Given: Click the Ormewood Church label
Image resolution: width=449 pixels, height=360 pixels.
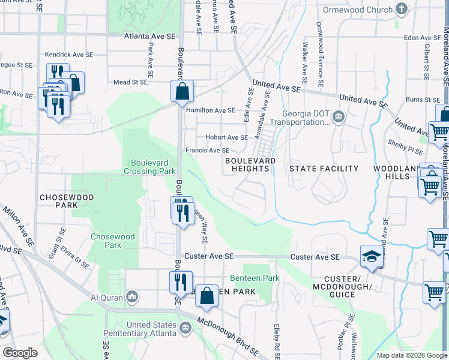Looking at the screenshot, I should pos(358,10).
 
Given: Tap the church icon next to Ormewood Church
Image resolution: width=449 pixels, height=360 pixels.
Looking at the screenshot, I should pos(402,9).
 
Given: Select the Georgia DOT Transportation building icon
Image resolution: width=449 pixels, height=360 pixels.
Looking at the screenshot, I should pos(338,116).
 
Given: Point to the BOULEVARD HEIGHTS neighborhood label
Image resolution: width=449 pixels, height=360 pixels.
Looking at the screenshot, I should pos(250,165).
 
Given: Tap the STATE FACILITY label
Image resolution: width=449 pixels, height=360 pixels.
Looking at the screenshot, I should pos(324,169).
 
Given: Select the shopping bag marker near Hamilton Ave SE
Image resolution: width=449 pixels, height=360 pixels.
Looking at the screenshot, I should pos(182,92).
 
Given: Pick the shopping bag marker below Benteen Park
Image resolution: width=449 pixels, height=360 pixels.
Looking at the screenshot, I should pos(206,296).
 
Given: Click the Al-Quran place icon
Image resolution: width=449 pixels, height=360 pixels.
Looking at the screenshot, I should pos(133,297).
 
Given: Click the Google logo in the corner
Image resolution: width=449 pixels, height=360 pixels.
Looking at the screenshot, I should pos(20,353).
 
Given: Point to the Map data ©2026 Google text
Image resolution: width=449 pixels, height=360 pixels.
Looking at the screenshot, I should pos(411,355).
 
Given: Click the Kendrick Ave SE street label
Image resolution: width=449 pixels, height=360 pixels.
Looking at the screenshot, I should pos(69,55).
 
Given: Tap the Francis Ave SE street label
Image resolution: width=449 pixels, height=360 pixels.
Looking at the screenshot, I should pos(207,151).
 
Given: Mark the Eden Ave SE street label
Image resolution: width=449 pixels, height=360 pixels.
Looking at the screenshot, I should pos(420,37).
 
